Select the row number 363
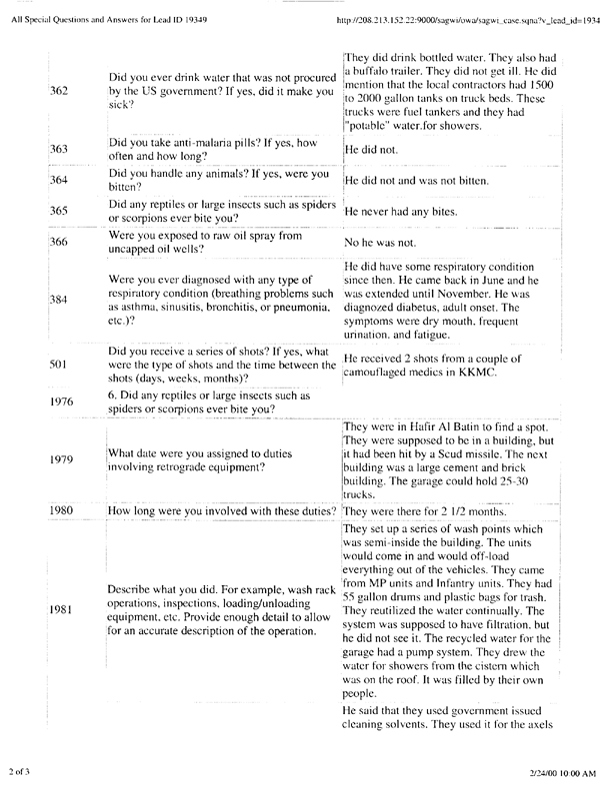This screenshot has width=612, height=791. [59, 149]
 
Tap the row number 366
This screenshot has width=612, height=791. [59, 242]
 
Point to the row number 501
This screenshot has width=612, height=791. [59, 366]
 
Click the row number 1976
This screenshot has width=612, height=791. [62, 402]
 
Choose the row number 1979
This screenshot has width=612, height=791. [62, 460]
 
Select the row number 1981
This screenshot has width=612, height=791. [62, 607]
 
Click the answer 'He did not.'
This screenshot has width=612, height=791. [373, 149]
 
